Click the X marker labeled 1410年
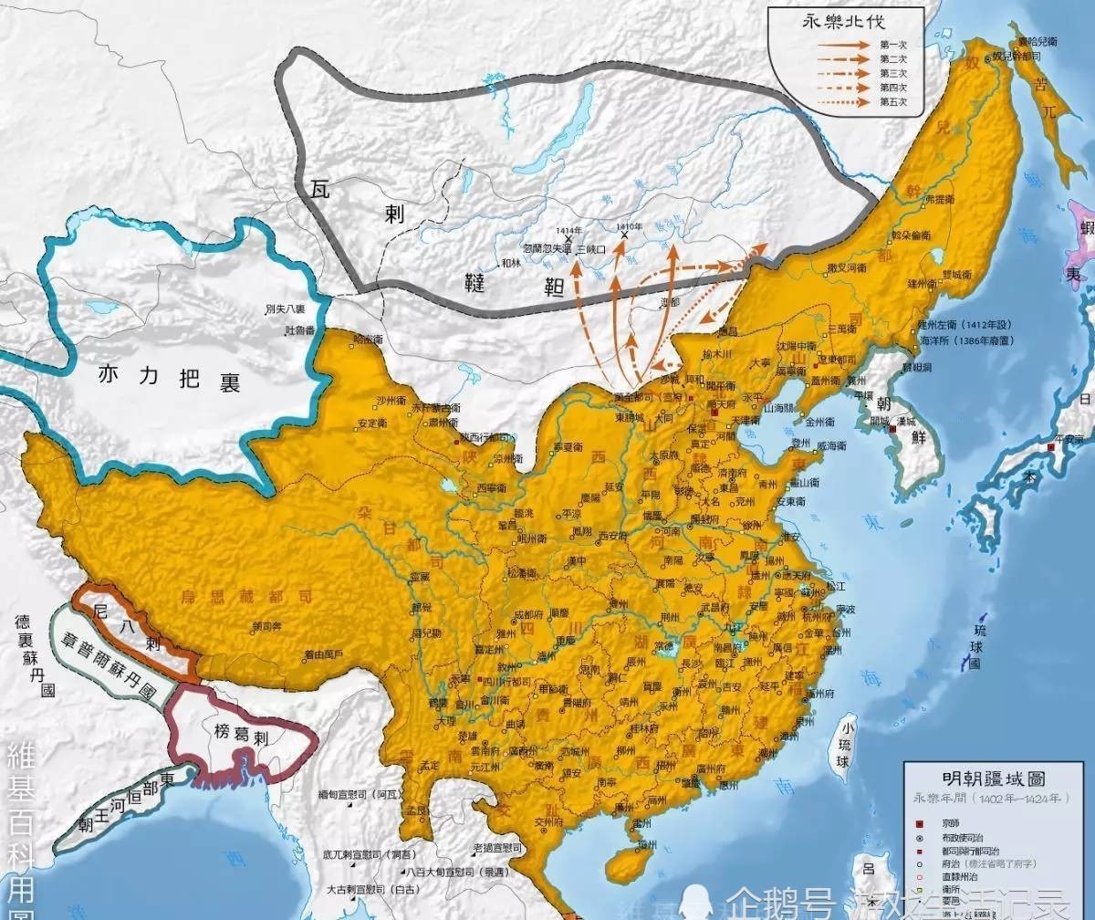tap(625, 235)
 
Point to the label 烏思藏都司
tap(243, 594)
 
